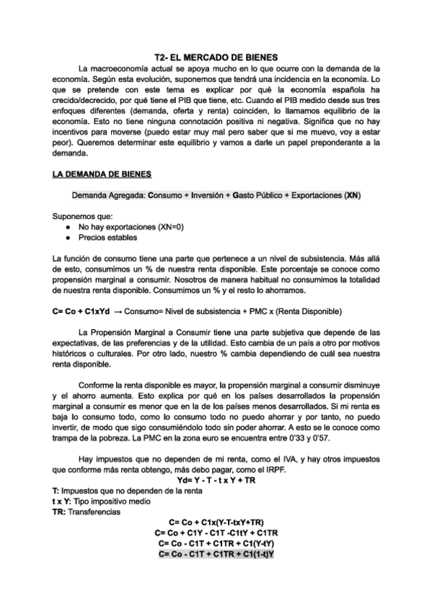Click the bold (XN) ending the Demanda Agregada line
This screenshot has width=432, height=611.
click(x=353, y=195)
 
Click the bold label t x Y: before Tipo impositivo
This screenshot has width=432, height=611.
click(x=65, y=501)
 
